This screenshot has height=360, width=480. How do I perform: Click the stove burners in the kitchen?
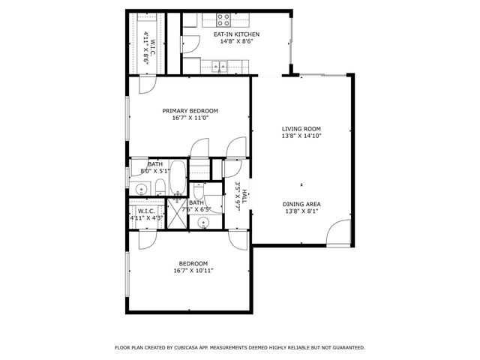tap(224, 17)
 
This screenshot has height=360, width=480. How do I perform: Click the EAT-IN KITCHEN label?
tap(237, 34)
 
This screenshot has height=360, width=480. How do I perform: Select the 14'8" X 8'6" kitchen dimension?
tap(237, 42)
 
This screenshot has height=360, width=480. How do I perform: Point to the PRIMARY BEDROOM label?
tap(190, 110)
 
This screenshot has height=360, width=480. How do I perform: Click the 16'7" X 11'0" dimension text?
tap(190, 118)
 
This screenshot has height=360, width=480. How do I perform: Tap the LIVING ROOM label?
tap(301, 128)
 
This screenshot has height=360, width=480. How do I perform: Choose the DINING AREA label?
tap(301, 204)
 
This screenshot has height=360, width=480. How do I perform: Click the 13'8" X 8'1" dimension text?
tap(301, 212)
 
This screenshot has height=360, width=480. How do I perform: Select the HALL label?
tap(244, 196)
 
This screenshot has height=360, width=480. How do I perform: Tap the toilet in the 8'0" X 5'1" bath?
tap(159, 187)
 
